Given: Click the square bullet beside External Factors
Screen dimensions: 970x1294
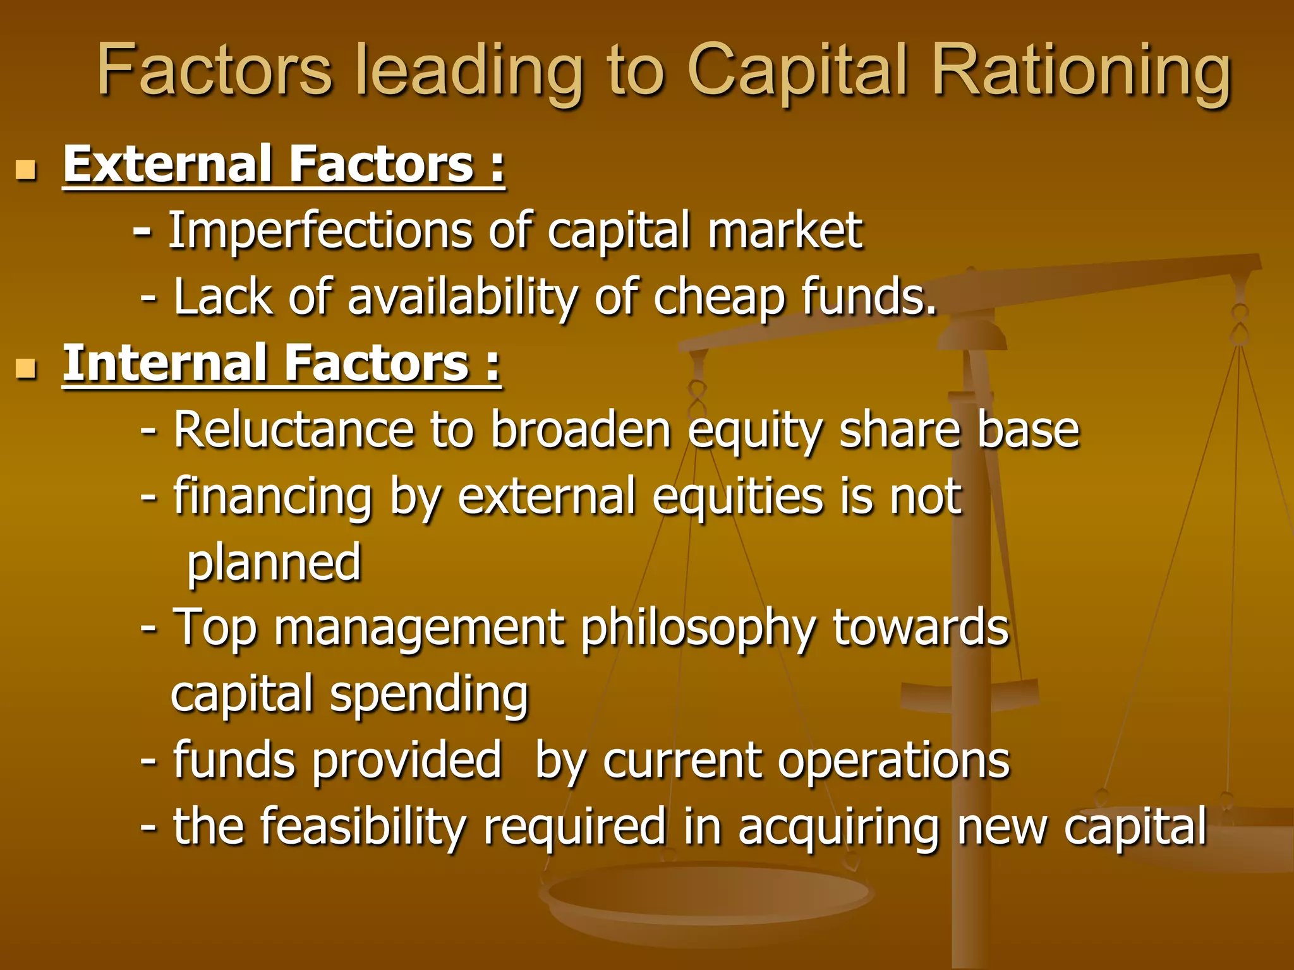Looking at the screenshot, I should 26,170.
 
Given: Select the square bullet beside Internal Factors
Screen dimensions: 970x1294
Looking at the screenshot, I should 26,368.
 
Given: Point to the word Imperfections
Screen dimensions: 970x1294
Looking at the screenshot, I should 319,231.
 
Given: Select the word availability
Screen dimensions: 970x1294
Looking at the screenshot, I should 461,297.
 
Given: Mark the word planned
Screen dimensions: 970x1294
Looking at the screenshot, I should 274,564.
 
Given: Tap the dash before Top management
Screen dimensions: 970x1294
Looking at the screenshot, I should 149,629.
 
